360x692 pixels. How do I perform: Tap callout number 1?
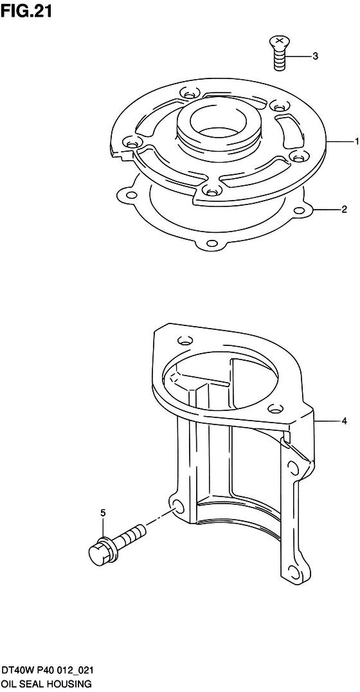(x=356, y=141)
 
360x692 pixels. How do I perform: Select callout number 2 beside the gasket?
(x=345, y=209)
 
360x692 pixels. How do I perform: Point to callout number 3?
(x=315, y=56)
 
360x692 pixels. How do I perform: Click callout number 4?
(x=344, y=422)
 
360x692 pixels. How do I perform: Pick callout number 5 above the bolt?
(x=103, y=513)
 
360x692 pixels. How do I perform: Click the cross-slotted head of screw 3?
(x=278, y=42)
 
